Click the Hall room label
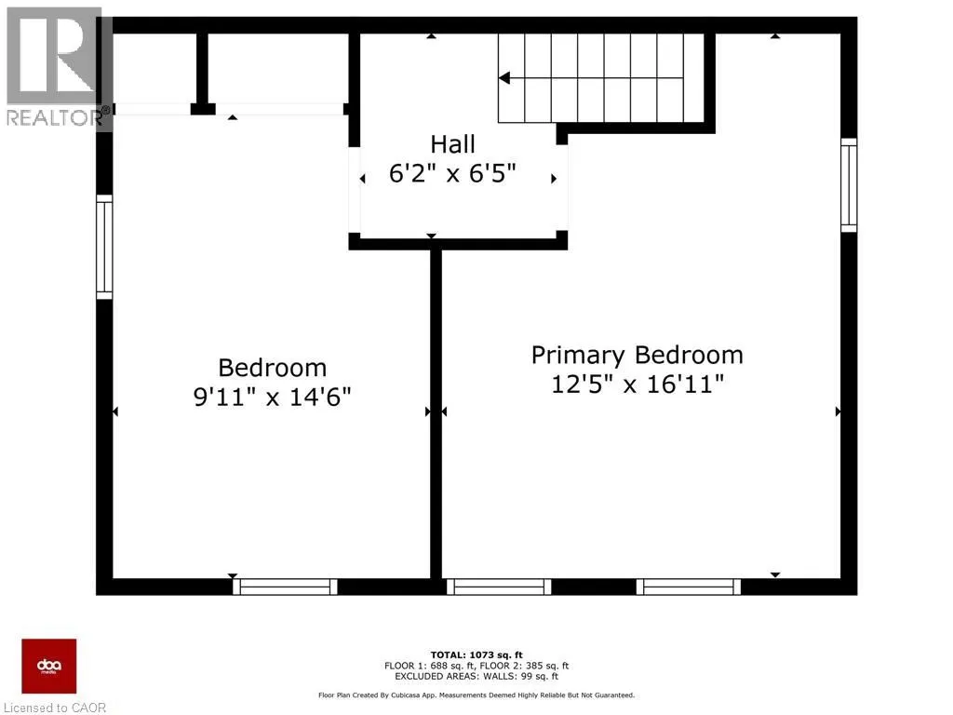[452, 144]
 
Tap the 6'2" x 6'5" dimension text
[452, 174]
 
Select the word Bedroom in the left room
[273, 368]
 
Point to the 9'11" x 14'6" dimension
[273, 398]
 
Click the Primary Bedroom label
[638, 355]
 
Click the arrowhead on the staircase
[505, 78]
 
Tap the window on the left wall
[104, 248]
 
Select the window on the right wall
[848, 185]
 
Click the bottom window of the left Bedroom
[285, 587]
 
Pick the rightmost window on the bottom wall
[689, 587]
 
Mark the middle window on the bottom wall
[500, 587]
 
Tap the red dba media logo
[49, 667]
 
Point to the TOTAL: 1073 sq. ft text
[476, 654]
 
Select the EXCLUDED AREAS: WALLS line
[476, 677]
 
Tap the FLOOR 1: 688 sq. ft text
[427, 666]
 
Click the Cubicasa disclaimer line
[476, 695]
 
